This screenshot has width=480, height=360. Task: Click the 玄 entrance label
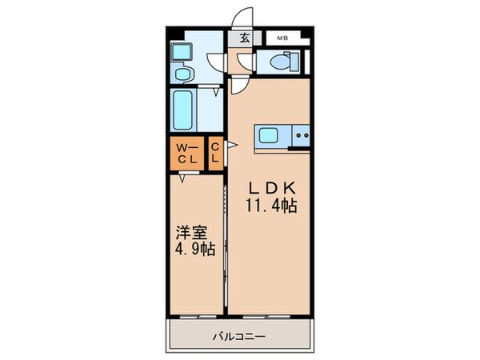[239, 38]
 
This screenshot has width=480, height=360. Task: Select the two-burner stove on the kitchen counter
[303, 137]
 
